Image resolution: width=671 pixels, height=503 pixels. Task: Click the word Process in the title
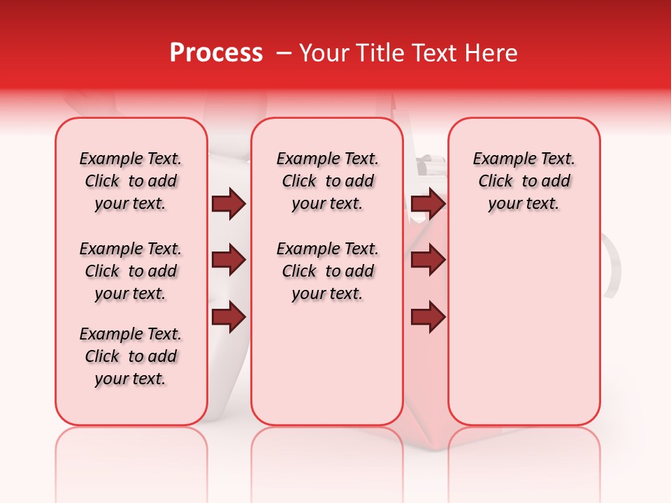[216, 53]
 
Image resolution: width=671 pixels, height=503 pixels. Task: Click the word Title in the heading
[375, 53]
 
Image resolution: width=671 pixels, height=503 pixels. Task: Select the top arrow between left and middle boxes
[229, 204]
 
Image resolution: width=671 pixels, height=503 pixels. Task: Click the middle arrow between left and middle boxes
[229, 261]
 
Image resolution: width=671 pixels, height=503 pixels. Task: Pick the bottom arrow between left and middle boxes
[229, 316]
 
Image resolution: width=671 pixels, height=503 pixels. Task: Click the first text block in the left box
[131, 181]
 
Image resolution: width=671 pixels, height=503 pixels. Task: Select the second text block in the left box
[131, 271]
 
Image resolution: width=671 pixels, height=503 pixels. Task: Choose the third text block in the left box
[131, 356]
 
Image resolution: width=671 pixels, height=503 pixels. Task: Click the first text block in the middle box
[328, 181]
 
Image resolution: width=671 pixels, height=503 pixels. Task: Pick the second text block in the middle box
[328, 271]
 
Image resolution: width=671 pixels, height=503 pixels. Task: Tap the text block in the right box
[524, 181]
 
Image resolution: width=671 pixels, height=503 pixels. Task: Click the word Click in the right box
[496, 182]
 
